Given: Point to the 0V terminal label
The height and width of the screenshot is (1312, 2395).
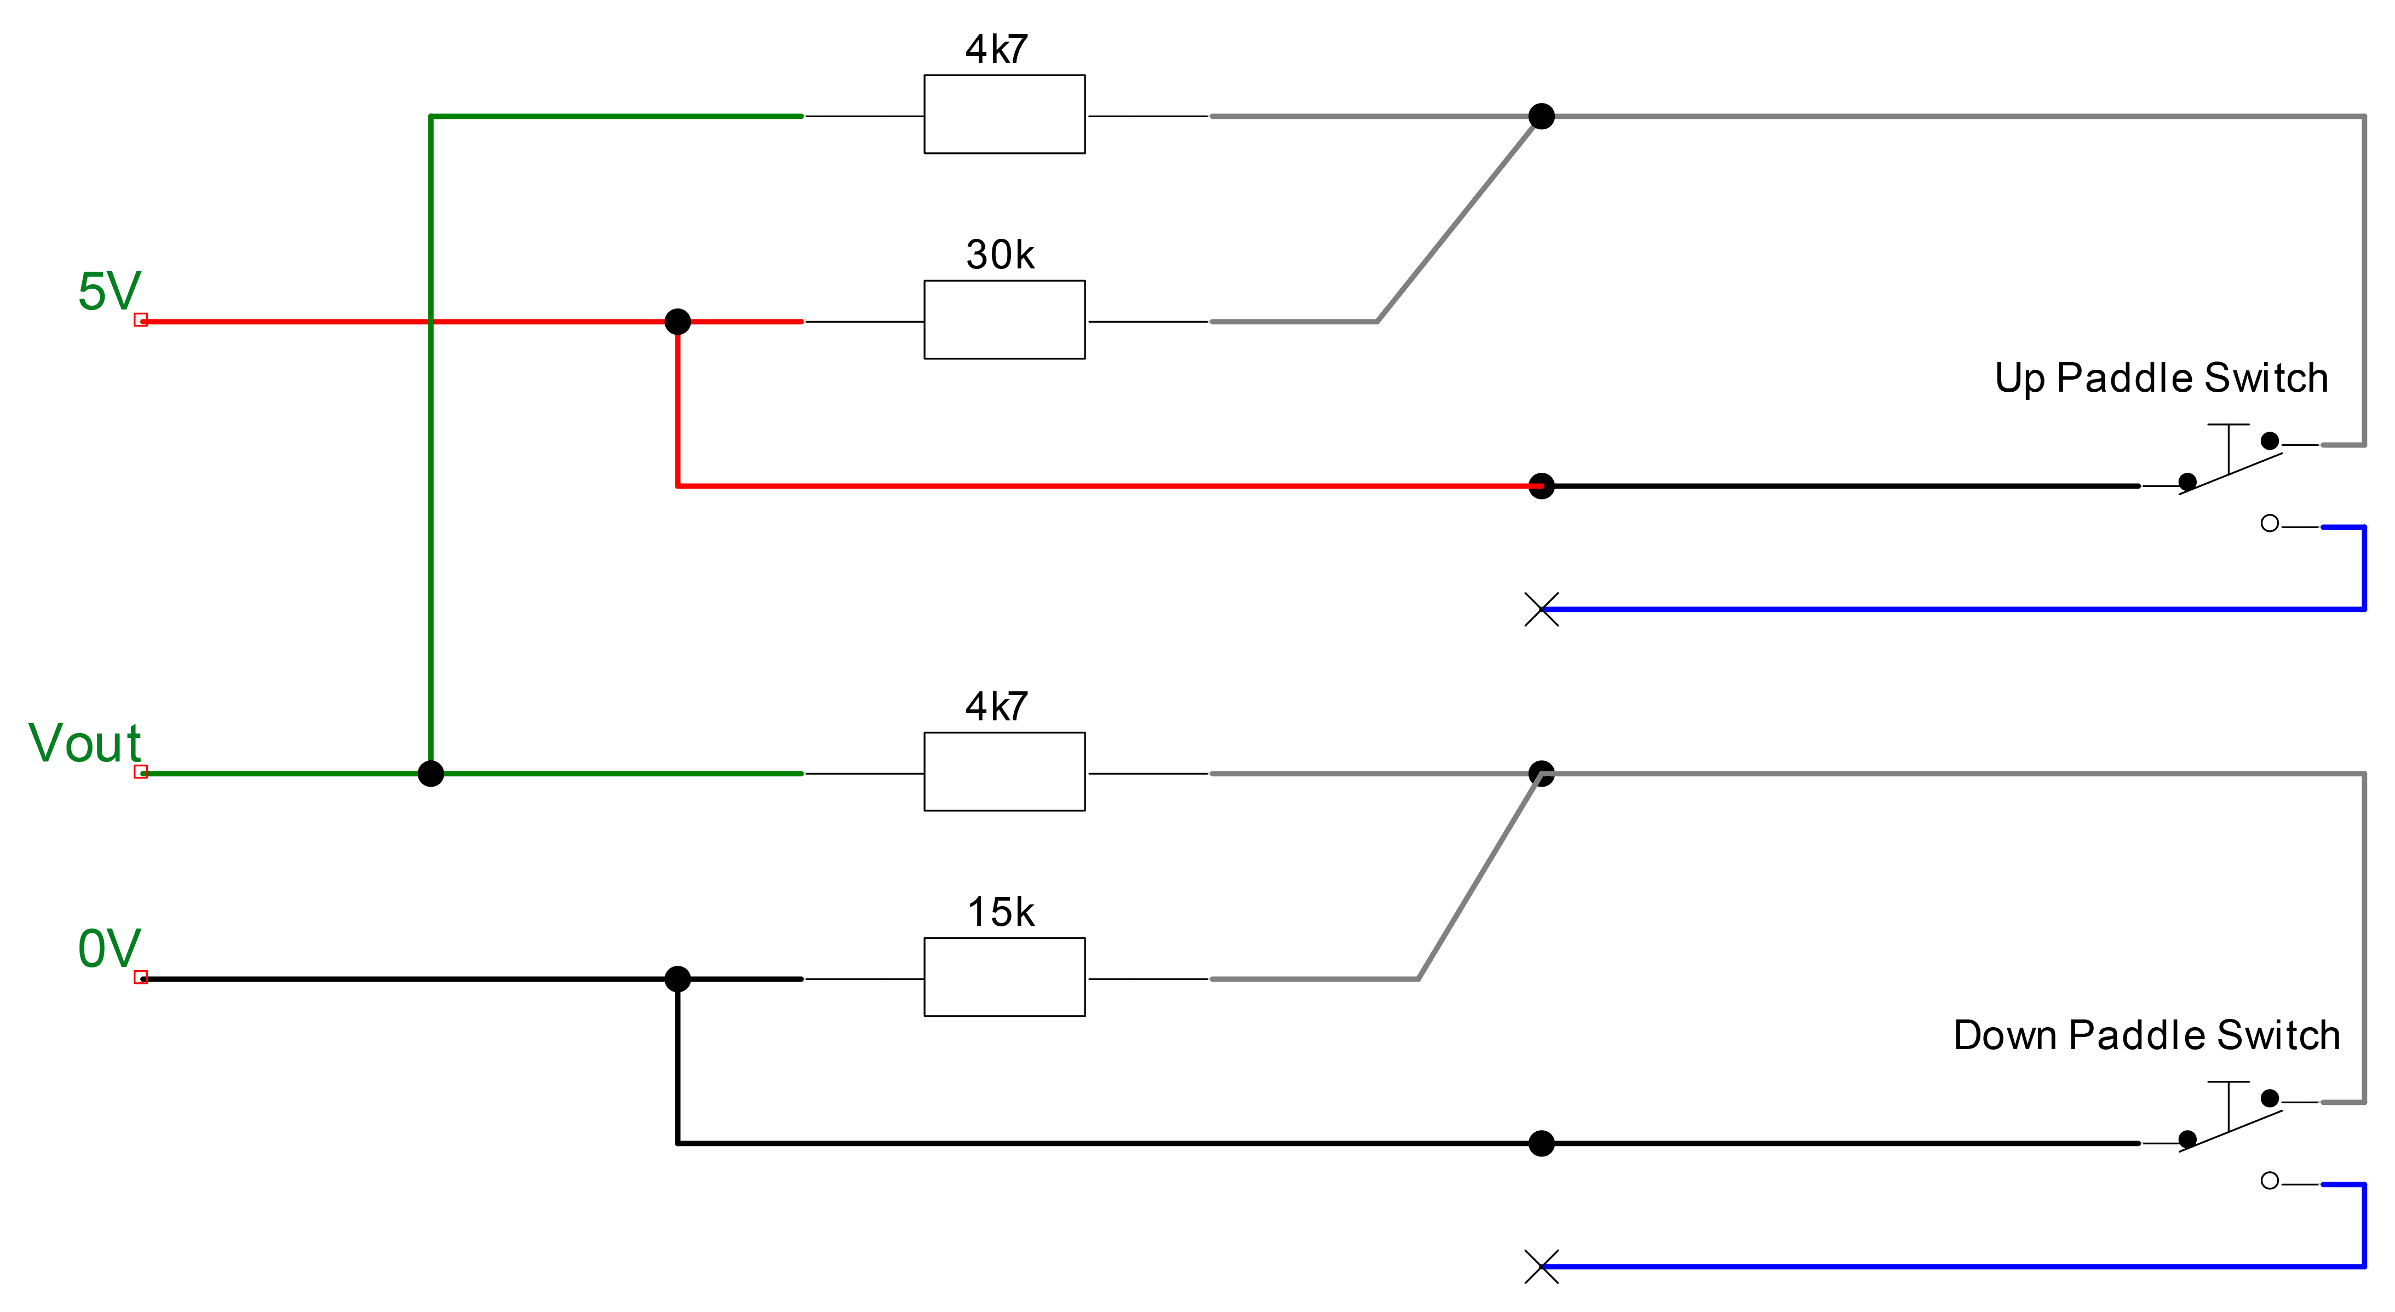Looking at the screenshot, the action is point(109,948).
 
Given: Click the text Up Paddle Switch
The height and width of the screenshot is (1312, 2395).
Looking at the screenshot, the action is point(2161,379).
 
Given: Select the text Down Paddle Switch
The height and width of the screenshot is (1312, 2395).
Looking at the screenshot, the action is point(2146,1035).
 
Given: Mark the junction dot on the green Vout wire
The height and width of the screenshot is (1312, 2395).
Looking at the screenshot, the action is point(430,774).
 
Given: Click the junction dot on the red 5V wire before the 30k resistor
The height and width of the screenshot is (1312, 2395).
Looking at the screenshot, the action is point(678,322).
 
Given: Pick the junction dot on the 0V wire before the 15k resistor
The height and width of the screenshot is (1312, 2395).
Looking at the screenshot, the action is point(678,979).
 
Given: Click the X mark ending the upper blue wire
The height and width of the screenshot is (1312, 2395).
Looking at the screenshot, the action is point(1542,609).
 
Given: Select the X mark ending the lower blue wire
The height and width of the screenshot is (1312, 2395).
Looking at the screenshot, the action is point(1542,1267).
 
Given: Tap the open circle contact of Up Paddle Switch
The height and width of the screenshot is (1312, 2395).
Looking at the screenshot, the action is point(2270,524).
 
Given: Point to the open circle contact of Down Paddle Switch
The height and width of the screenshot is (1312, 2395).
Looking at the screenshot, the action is point(2270,1181).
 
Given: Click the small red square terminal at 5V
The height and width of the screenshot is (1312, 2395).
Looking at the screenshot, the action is point(140,320).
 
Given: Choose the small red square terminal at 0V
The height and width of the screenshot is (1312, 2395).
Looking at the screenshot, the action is point(140,977).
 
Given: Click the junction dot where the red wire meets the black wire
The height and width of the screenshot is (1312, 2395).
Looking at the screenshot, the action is point(1542,485).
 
